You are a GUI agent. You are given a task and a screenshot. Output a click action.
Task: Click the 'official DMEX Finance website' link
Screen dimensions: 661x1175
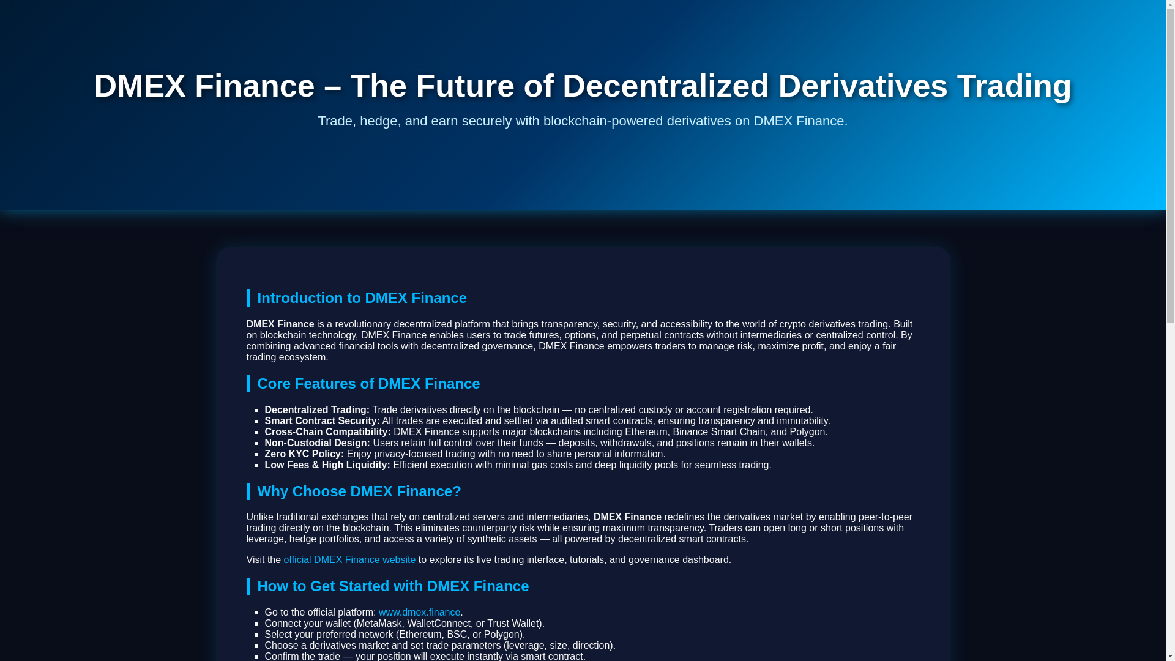coord(349,560)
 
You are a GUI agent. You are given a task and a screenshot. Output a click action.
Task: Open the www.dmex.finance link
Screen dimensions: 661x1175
coord(419,613)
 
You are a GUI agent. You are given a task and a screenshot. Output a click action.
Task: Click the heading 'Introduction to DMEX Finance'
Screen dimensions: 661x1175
coord(362,298)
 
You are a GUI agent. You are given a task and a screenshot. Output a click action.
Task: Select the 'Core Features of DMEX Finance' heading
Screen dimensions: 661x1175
coord(368,384)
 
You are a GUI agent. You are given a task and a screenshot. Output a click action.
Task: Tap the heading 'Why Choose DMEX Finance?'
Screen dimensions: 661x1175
coord(359,491)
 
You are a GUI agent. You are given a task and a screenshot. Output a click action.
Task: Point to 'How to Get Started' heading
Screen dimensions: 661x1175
coord(393,586)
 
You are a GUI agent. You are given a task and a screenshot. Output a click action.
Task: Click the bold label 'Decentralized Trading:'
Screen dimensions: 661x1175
coord(317,410)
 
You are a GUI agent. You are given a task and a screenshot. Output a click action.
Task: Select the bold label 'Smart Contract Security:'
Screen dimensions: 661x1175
coord(322,421)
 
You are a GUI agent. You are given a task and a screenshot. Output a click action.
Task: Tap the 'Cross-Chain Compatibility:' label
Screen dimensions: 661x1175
coord(327,432)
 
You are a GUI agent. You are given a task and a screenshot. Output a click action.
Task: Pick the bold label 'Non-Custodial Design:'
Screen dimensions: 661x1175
coord(317,443)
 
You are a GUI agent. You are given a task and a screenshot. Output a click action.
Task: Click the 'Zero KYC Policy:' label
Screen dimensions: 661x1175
coord(304,454)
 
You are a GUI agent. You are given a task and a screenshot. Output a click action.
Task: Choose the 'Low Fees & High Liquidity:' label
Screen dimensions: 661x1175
coord(327,465)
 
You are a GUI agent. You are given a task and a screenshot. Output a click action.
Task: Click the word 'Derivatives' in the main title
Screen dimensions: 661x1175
coord(863,86)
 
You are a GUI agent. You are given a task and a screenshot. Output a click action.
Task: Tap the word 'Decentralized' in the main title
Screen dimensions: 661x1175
coord(665,86)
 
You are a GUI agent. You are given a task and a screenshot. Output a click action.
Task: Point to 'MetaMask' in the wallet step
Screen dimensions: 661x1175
coord(379,624)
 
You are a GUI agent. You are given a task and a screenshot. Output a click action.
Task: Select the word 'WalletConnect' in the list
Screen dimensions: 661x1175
coord(439,624)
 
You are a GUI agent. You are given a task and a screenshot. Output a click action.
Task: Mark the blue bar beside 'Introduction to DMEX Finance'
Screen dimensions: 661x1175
coord(248,298)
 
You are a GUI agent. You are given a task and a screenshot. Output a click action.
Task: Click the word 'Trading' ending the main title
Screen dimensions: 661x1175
coord(1014,86)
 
